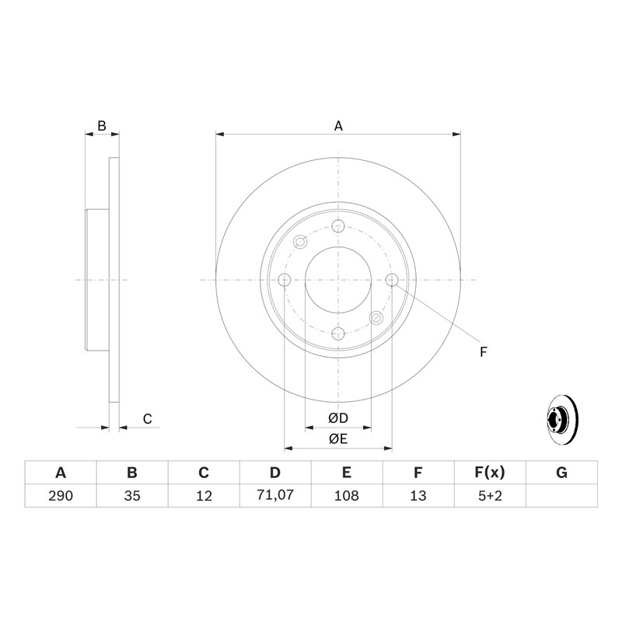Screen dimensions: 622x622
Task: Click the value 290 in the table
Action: click(61, 495)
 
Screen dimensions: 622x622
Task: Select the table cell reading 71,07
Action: click(274, 495)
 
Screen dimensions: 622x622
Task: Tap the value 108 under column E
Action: click(346, 495)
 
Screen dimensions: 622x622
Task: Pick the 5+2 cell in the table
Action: click(490, 495)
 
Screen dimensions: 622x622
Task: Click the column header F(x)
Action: click(490, 473)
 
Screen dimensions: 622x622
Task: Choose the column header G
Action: click(561, 473)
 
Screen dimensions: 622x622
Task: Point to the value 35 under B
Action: click(132, 495)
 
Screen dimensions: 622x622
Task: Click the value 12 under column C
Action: click(203, 495)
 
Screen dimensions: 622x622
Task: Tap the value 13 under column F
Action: click(418, 495)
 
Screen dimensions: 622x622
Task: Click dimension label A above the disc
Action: click(338, 125)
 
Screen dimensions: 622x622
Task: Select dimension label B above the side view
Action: click(101, 125)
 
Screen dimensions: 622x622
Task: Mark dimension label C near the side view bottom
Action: click(146, 420)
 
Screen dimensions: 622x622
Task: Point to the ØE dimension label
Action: click(338, 439)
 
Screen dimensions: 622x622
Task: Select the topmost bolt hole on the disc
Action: click(338, 226)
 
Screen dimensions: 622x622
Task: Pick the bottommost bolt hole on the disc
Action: click(338, 334)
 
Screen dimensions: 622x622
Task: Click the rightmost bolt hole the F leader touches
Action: click(392, 280)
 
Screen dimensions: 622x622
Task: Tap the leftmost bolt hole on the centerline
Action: click(285, 280)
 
